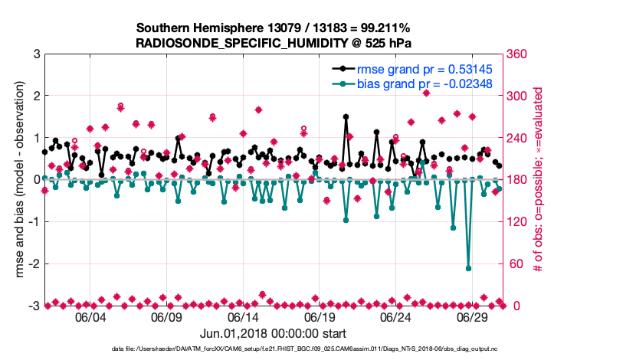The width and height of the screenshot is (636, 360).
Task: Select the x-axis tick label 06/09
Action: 166,317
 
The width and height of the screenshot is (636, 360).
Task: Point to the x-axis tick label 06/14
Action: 243,317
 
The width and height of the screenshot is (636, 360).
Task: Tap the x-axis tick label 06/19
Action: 320,317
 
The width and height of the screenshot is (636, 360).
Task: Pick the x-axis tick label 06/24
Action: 397,317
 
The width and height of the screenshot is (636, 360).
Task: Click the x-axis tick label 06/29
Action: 474,317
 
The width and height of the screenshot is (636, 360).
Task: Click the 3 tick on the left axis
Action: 35,54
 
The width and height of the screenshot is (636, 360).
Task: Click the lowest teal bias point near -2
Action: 468,268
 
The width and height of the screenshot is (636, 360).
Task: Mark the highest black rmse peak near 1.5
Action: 346,117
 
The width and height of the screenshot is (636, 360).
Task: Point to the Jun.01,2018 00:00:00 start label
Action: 273,334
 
